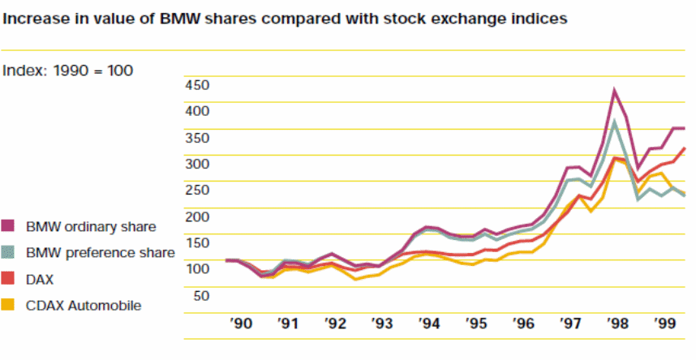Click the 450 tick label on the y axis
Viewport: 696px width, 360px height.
(197, 84)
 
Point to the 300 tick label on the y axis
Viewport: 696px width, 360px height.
(197, 164)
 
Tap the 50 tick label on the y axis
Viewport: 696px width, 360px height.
(200, 295)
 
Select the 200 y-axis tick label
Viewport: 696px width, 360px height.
(197, 216)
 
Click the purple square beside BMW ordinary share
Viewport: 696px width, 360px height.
(11, 226)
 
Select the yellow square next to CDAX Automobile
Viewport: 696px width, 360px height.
(11, 306)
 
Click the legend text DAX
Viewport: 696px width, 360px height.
(41, 279)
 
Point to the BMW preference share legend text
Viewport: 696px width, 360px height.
(100, 253)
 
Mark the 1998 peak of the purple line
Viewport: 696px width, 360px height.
(614, 90)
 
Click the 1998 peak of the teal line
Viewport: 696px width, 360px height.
(615, 122)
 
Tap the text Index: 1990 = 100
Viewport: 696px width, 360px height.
(68, 71)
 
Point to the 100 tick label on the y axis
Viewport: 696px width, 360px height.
(197, 268)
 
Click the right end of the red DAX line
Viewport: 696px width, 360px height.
(685, 148)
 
